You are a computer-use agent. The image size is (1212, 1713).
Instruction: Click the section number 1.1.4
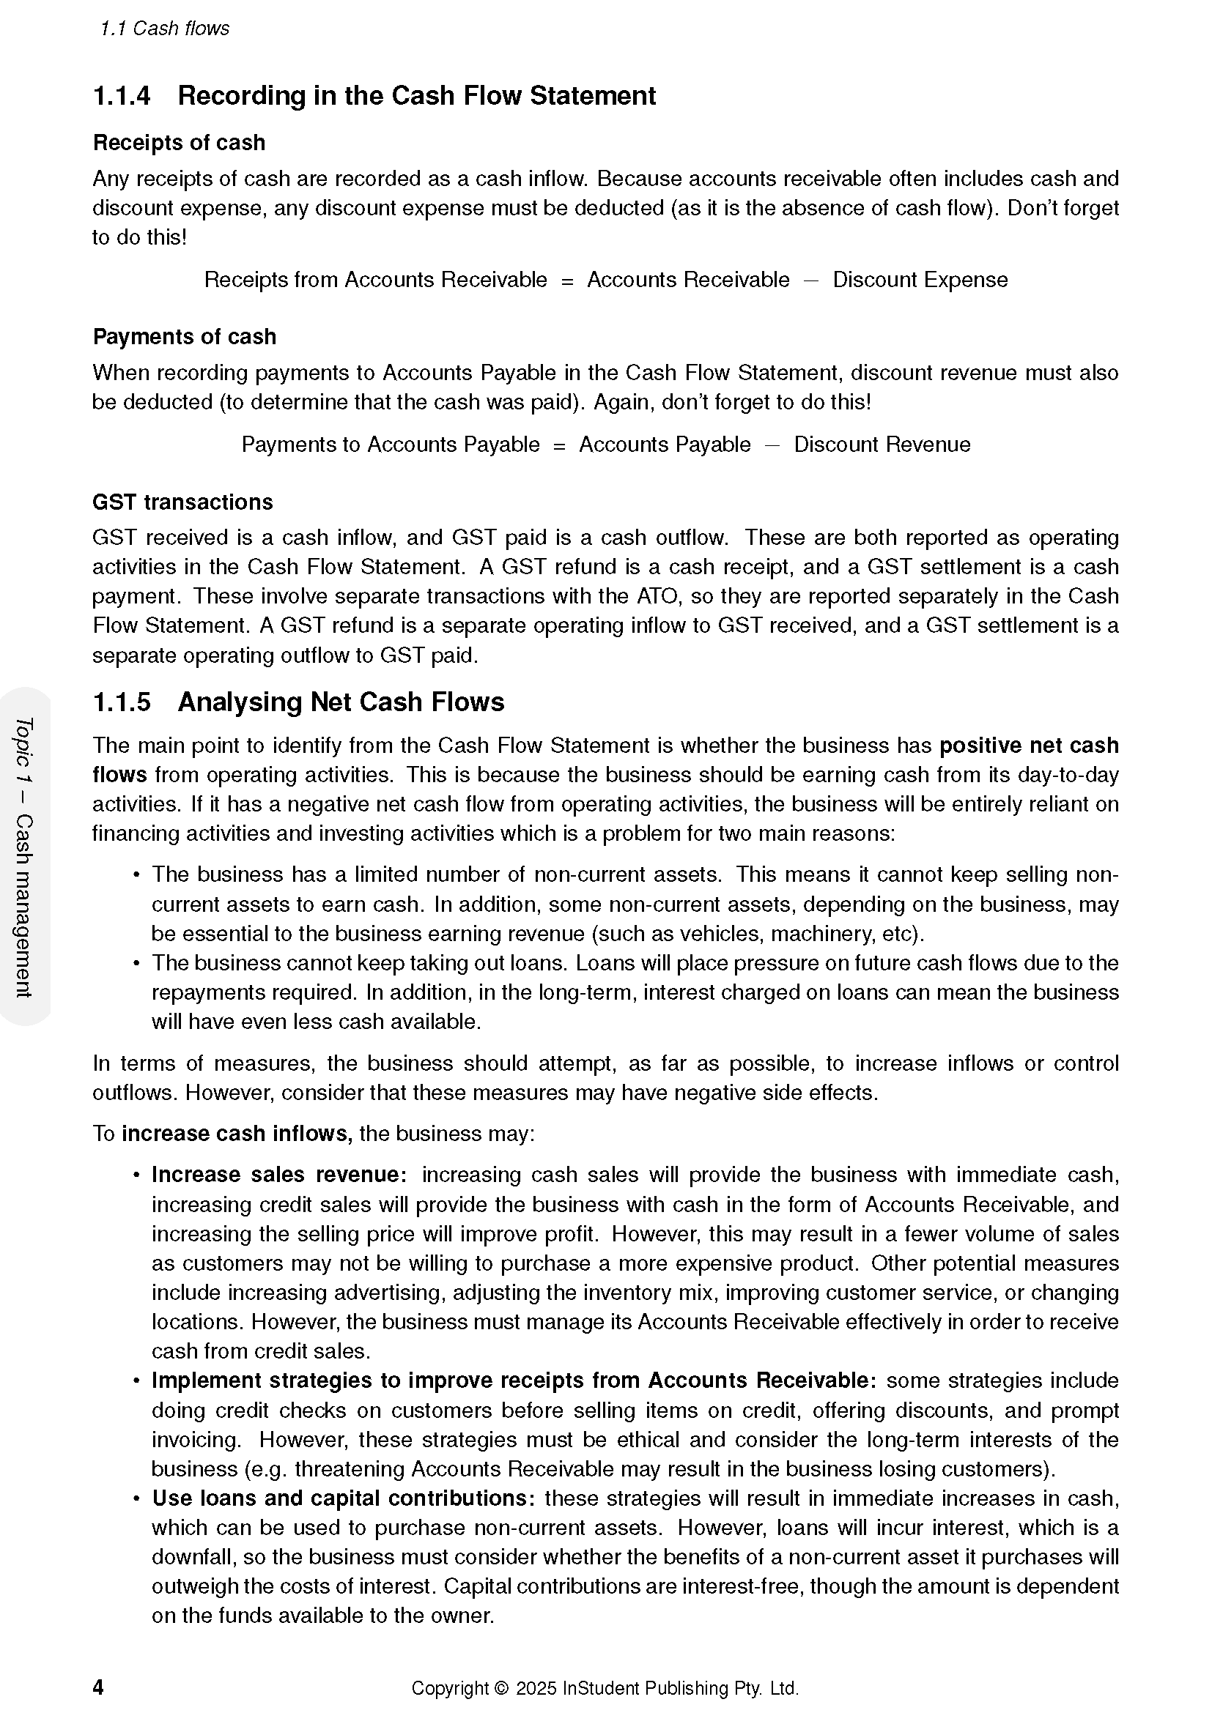click(x=121, y=96)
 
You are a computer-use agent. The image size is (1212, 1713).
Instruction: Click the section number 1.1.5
click(x=121, y=702)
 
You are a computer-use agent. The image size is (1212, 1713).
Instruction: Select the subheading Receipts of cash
click(x=179, y=143)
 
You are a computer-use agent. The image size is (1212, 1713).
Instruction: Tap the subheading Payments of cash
click(x=185, y=336)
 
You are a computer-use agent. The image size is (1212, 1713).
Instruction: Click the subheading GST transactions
click(x=183, y=502)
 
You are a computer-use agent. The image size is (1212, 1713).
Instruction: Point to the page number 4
click(x=98, y=1687)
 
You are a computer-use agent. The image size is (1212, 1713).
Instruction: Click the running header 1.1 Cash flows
click(x=165, y=29)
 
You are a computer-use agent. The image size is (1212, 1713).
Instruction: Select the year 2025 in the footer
click(x=536, y=1688)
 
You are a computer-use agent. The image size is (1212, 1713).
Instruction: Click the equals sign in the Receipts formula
click(x=567, y=280)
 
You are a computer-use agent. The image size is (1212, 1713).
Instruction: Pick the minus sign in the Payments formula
click(x=772, y=445)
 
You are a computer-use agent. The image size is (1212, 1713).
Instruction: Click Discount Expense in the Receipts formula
click(x=920, y=280)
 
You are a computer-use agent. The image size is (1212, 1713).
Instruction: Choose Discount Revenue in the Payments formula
click(x=882, y=445)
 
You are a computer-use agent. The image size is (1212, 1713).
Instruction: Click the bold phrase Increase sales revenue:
click(x=279, y=1174)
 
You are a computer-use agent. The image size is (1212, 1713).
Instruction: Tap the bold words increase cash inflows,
click(x=237, y=1133)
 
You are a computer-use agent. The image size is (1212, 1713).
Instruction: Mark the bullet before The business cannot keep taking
click(x=136, y=963)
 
